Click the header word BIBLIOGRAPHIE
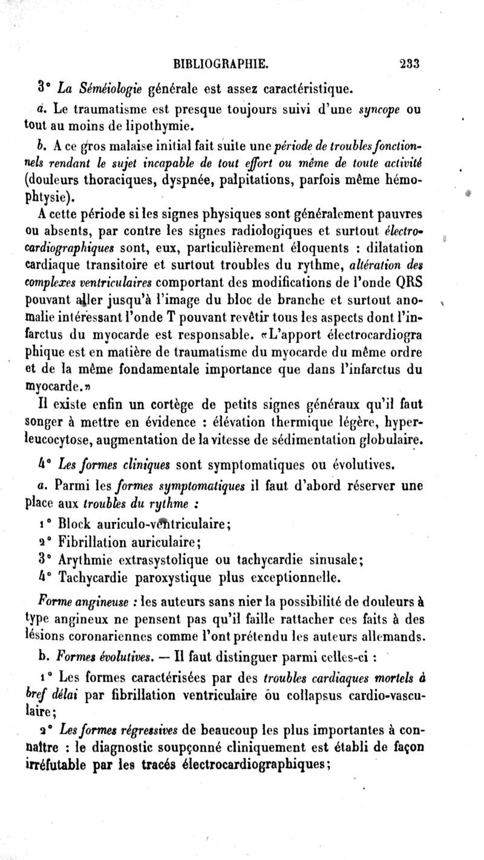(x=221, y=64)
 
